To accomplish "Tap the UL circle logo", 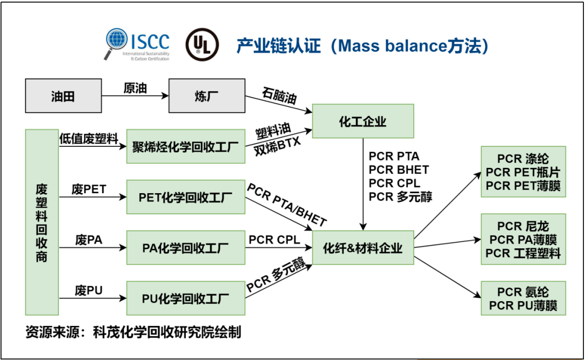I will pyautogui.click(x=202, y=44).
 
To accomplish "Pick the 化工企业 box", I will pyautogui.click(x=362, y=121).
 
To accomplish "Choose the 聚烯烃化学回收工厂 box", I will pyautogui.click(x=185, y=145).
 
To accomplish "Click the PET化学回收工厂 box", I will pyautogui.click(x=185, y=197).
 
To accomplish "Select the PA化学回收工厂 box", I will pyautogui.click(x=185, y=248).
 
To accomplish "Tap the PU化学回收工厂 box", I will pyautogui.click(x=185, y=298).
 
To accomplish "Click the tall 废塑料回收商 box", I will pyautogui.click(x=42, y=222).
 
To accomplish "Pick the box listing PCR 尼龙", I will pyautogui.click(x=523, y=239).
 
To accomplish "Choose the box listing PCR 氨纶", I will pyautogui.click(x=523, y=298).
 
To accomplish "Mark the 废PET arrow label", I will pyautogui.click(x=89, y=189).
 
